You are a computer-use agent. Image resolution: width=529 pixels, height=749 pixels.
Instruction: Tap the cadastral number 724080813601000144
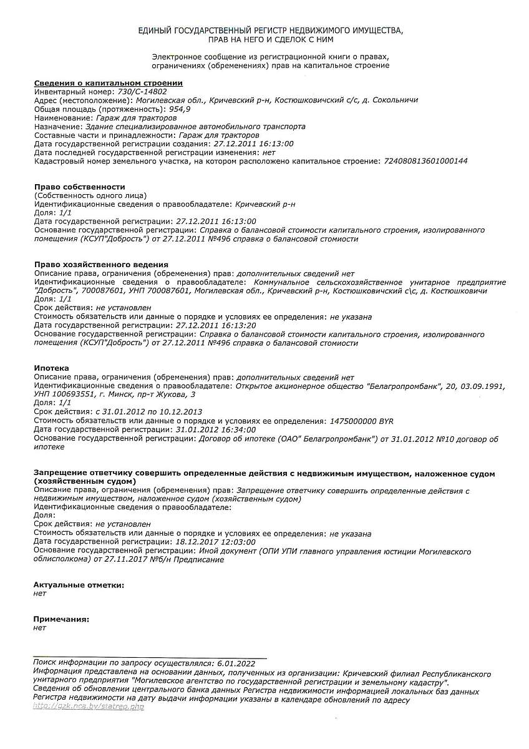pos(424,161)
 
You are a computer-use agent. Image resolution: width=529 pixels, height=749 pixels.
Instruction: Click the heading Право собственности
pos(79,187)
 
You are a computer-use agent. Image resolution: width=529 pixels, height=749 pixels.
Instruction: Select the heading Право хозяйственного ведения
pos(101,265)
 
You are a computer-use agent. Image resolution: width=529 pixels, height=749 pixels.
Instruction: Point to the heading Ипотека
pos(51,368)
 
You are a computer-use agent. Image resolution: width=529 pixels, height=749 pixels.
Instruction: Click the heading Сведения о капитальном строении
pos(108,83)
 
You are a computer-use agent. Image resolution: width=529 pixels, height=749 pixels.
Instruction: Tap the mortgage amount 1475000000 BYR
pos(361,421)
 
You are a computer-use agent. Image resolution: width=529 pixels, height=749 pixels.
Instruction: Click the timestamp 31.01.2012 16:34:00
pos(216,429)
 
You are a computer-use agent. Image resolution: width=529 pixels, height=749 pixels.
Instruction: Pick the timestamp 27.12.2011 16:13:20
pos(216,325)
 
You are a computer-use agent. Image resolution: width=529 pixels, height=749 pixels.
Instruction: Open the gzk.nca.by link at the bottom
pos(88,707)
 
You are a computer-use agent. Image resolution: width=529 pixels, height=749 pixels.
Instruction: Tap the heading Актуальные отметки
pos(79,585)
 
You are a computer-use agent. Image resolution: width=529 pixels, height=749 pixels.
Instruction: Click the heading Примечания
pos(61,619)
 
